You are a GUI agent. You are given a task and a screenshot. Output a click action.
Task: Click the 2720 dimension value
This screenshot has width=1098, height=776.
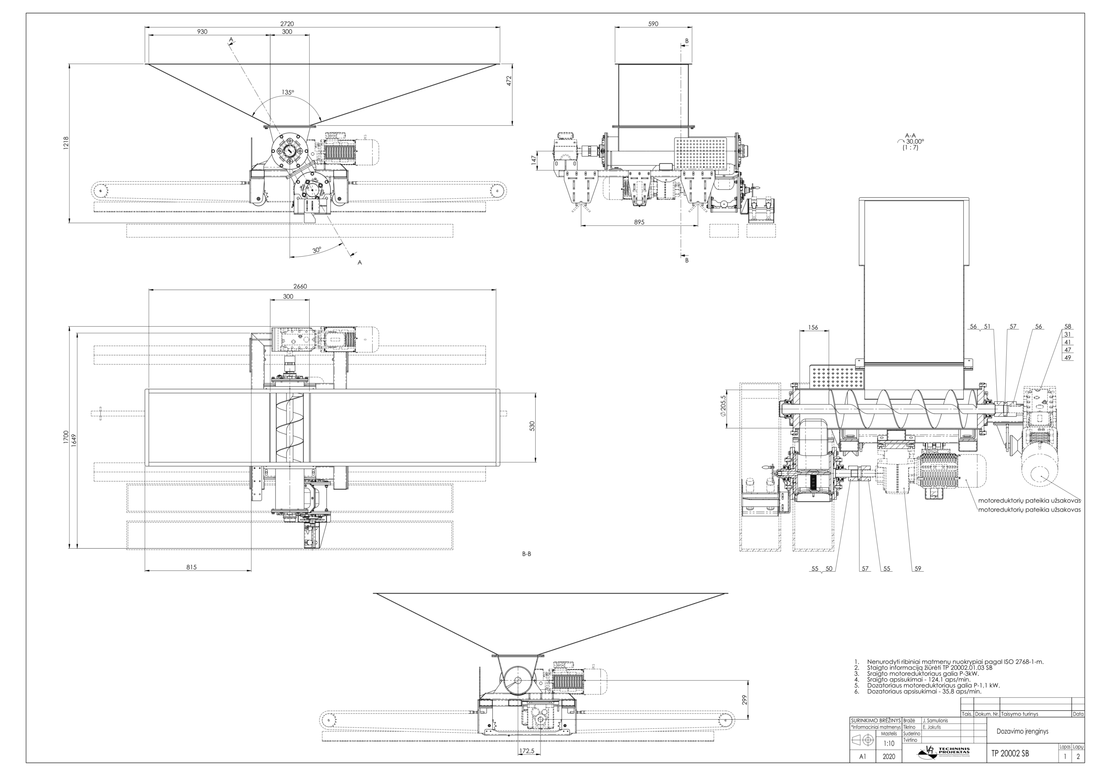point(287,24)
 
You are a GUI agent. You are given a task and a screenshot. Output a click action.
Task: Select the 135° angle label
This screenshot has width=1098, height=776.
point(288,92)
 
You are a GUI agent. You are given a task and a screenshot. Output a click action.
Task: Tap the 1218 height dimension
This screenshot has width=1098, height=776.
point(66,143)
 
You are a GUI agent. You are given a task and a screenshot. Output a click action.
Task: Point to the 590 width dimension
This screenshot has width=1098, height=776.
point(653,24)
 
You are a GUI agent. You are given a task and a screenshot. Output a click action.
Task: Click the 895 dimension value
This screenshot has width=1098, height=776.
point(639,222)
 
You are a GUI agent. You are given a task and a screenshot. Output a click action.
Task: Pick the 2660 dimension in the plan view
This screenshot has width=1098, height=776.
point(300,286)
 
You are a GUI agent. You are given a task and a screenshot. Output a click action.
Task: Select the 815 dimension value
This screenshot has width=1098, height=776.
point(191,567)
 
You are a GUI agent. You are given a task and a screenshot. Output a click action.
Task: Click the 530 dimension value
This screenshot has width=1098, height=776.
point(532,426)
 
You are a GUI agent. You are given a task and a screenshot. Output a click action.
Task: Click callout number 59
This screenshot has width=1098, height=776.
point(918,569)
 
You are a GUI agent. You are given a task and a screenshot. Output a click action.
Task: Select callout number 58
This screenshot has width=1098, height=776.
point(1068,326)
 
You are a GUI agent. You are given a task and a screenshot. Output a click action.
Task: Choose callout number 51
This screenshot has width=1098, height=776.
point(987,326)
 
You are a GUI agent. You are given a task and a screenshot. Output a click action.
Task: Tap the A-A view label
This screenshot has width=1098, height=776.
point(910,135)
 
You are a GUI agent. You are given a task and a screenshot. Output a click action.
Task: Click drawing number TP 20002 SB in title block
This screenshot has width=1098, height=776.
point(1010,754)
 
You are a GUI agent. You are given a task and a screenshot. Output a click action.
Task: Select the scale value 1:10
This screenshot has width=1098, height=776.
point(889,743)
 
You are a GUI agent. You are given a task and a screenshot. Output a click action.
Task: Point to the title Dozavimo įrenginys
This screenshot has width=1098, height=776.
point(1022,731)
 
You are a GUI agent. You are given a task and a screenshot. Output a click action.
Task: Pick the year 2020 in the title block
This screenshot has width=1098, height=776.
point(889,756)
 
